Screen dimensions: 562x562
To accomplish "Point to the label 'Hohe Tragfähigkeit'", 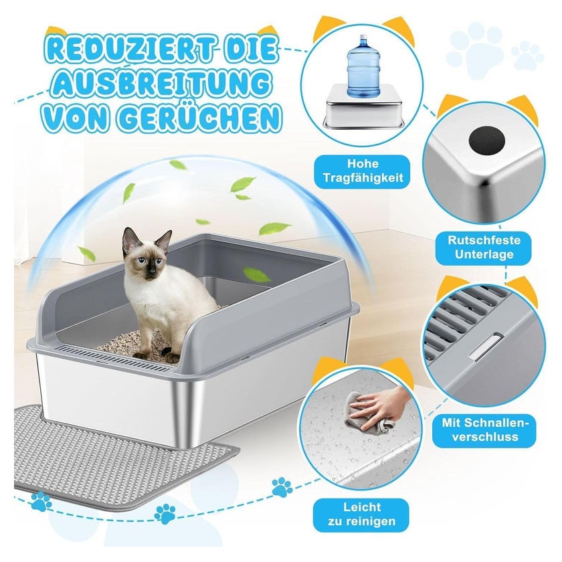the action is pos(363,171).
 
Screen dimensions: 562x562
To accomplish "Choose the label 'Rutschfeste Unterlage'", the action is pos(484,247).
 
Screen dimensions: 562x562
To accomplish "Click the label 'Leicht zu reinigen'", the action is pos(361,514).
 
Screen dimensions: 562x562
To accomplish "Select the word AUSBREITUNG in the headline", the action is pos(161,84).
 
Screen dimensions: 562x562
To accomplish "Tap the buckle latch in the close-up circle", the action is pos(486,346).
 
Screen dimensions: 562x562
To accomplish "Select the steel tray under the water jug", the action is pos(363,106).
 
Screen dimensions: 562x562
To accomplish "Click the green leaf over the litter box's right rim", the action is pos(257,274).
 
